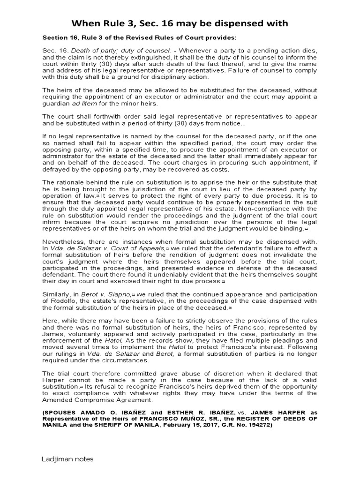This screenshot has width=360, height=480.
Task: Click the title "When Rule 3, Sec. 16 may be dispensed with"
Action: coord(180,23)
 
